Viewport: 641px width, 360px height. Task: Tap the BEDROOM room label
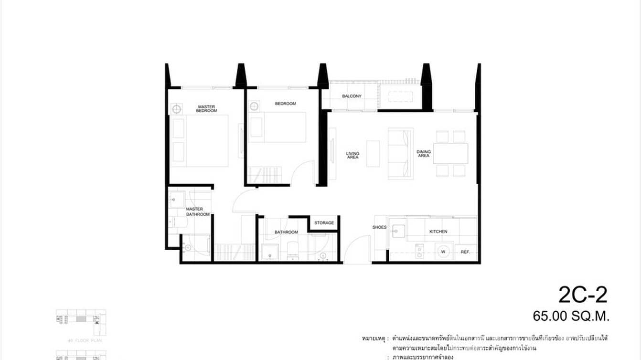point(285,104)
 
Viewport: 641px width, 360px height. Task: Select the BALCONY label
point(352,96)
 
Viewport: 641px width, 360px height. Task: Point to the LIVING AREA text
point(353,155)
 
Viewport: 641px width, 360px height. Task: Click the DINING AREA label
point(424,154)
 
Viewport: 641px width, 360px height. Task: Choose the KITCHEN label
point(438,232)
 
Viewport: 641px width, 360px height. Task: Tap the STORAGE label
point(324,222)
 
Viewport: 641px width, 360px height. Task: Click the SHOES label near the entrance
point(379,227)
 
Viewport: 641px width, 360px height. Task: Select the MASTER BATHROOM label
point(194,212)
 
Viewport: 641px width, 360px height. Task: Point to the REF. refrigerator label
point(465,252)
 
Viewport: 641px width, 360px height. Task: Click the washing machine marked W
point(443,251)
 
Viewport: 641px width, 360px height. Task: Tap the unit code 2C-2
point(582,296)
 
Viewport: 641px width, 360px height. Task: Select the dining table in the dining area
point(450,153)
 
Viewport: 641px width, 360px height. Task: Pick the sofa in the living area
point(400,154)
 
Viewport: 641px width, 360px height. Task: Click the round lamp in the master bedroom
point(176,109)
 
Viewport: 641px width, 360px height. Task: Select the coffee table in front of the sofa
point(373,153)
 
